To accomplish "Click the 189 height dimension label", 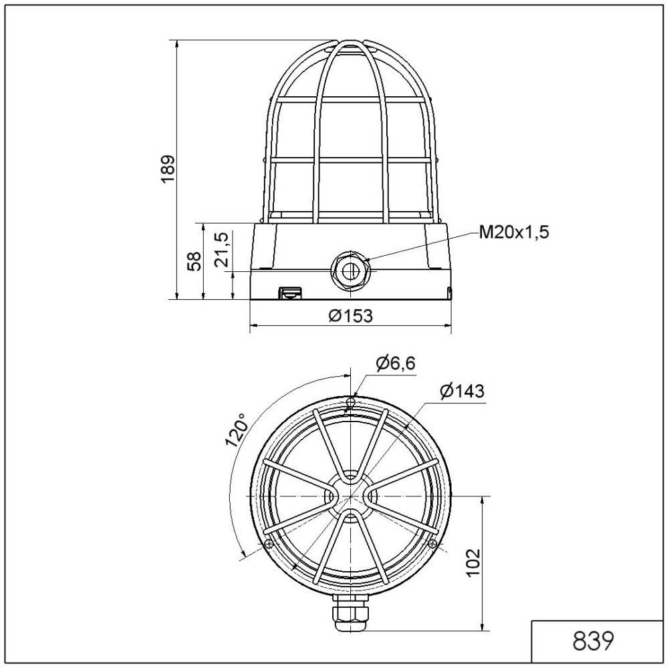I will click(168, 169).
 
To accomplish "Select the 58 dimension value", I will click(192, 261).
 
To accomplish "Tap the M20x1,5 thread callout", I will click(514, 232).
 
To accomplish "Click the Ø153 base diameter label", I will click(350, 315).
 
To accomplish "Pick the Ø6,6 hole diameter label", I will click(395, 363).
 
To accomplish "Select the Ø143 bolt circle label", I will click(462, 391).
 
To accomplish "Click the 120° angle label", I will click(235, 430).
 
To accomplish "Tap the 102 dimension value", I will click(473, 563).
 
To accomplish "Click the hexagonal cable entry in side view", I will click(349, 269).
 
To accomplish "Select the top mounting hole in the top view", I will click(350, 401).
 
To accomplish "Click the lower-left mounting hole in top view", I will click(268, 544).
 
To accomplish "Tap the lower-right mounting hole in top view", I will click(432, 544).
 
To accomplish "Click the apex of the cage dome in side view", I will click(350, 41).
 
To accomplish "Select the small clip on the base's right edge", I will click(449, 292).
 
